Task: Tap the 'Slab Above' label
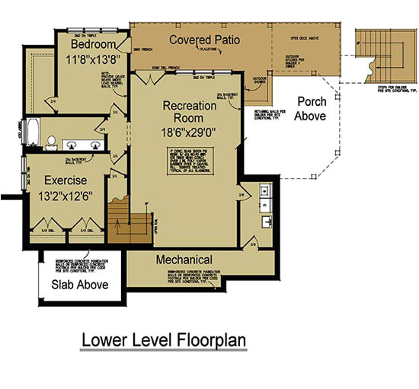pyautogui.click(x=80, y=285)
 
